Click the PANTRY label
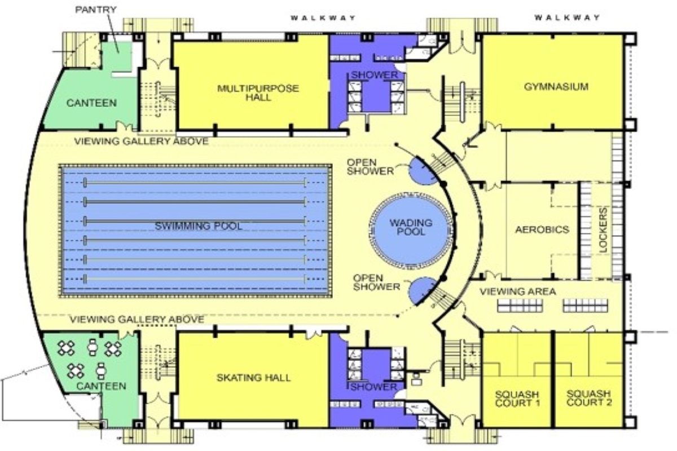click(x=95, y=10)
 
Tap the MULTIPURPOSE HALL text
click(x=258, y=93)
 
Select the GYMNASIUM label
click(x=556, y=87)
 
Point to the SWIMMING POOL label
click(x=199, y=226)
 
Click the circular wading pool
click(x=411, y=231)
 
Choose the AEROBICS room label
click(x=542, y=229)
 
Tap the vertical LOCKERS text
click(x=603, y=230)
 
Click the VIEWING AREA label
click(x=518, y=291)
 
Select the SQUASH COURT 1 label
click(x=517, y=399)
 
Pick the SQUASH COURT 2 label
click(x=589, y=398)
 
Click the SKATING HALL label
click(x=253, y=378)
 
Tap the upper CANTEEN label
click(x=91, y=103)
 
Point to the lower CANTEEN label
click(x=101, y=386)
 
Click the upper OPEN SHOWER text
click(x=370, y=167)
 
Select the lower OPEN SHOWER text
click(x=377, y=282)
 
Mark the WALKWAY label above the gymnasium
click(x=568, y=17)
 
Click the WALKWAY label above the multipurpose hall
click(x=323, y=18)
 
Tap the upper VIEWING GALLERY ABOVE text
click(x=142, y=141)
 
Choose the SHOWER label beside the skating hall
click(x=373, y=387)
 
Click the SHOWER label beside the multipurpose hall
click(x=375, y=75)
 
